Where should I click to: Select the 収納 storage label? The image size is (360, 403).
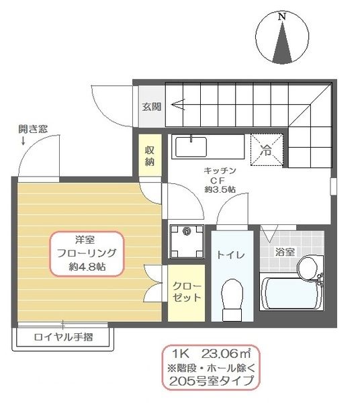[150, 155]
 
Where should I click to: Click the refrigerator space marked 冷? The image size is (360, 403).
[267, 150]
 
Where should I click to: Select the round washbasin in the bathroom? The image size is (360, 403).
[309, 267]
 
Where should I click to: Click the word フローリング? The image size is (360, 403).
[87, 253]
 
